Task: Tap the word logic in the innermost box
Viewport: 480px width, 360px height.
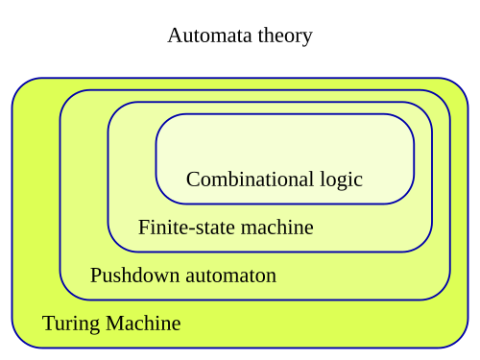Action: click(x=341, y=180)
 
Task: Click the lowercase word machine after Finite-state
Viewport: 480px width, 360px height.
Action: click(x=275, y=228)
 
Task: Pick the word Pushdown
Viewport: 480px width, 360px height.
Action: click(x=130, y=276)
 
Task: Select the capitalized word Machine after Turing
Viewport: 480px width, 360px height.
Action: click(x=143, y=324)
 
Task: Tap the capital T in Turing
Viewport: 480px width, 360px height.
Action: click(x=48, y=324)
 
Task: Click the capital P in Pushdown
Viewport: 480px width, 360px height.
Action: click(x=95, y=276)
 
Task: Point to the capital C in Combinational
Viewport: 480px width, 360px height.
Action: click(x=192, y=180)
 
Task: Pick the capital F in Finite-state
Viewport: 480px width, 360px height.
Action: click(x=143, y=228)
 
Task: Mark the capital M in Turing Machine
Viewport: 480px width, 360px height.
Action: click(x=113, y=324)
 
